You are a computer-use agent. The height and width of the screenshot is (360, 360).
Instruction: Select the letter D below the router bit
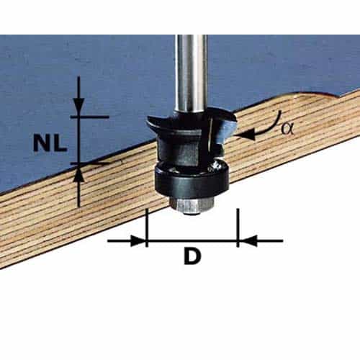(191, 256)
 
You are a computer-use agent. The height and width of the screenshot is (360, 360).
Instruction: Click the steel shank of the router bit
(191, 72)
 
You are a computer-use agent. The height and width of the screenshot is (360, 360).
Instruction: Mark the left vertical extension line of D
(146, 227)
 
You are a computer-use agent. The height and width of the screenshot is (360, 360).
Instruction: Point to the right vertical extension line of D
(237, 227)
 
